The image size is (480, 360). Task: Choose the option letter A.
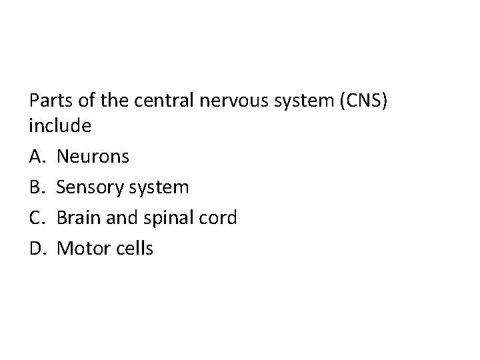click(37, 157)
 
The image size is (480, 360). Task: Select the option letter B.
click(37, 187)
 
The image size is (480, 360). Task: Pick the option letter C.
click(37, 218)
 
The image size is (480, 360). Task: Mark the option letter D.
click(37, 249)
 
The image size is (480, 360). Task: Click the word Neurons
click(93, 157)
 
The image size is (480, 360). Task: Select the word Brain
click(79, 218)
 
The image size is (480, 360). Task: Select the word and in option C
click(121, 218)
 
